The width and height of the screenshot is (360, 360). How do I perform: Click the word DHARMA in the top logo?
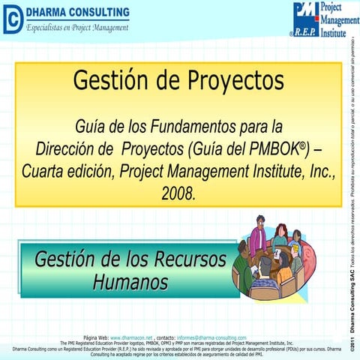click(x=50, y=13)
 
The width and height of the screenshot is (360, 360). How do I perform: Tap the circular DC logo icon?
click(x=11, y=20)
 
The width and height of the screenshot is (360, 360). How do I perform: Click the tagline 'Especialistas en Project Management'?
click(x=77, y=28)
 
